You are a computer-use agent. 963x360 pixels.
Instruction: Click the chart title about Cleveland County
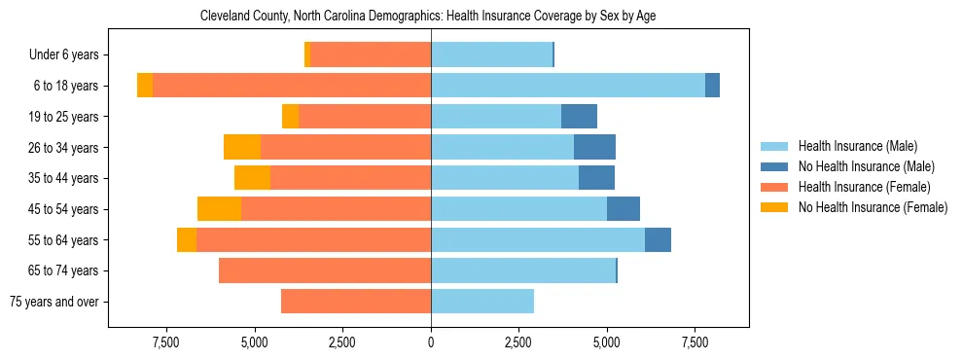click(428, 17)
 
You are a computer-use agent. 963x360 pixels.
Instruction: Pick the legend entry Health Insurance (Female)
click(857, 187)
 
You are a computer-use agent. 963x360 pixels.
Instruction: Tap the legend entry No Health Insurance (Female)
click(872, 207)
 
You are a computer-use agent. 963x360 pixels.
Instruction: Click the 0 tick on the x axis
click(430, 342)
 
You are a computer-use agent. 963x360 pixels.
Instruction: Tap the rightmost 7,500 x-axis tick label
click(695, 342)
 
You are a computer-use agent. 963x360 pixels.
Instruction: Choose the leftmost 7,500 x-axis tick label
click(165, 342)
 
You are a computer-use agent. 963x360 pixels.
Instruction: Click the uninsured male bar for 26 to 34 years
click(594, 147)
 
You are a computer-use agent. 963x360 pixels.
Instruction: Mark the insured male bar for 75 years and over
click(481, 302)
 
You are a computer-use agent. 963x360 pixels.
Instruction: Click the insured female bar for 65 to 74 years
click(325, 270)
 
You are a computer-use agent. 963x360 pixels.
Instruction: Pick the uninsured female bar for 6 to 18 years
click(145, 86)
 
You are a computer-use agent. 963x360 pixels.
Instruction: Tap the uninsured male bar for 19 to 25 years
click(579, 117)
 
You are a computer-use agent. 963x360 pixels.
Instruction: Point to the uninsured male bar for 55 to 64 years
click(658, 239)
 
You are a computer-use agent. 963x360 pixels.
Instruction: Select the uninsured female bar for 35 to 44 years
click(252, 178)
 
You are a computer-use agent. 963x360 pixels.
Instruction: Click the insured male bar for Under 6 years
click(491, 55)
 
